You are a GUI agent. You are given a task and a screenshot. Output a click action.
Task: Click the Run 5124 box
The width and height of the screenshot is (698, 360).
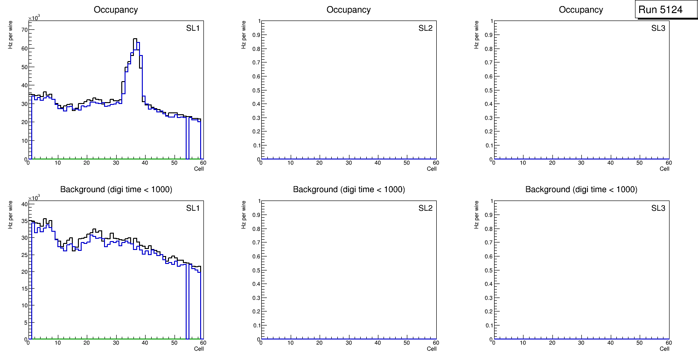pos(666,9)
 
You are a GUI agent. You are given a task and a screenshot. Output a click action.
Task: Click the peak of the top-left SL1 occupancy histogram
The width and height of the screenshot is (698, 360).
pos(135,39)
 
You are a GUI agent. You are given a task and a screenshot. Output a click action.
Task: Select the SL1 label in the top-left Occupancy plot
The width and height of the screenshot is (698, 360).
pos(193,28)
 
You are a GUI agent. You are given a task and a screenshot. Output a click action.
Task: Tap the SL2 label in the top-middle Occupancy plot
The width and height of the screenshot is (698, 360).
pos(425,28)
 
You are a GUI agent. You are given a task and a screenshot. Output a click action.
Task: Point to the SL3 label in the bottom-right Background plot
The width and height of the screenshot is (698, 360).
pos(658,208)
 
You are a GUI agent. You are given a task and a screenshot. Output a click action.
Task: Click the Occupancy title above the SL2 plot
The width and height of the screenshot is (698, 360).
pos(349,10)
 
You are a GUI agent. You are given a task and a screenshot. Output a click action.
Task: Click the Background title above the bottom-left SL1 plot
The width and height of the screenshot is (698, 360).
pos(116,189)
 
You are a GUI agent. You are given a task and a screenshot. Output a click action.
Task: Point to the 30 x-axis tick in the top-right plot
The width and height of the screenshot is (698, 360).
pos(581,163)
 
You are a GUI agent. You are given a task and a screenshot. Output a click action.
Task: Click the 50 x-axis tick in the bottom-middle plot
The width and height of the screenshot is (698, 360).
pos(407,343)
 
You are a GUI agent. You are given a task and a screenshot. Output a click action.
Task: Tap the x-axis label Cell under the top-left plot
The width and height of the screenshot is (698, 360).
pos(199,169)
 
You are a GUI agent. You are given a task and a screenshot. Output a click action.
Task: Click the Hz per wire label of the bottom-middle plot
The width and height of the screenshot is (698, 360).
pos(244,215)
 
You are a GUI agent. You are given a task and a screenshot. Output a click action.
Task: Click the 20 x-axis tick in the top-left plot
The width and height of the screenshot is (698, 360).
pos(86,163)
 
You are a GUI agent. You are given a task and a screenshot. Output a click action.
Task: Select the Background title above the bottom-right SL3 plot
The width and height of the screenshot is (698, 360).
pos(581,189)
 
